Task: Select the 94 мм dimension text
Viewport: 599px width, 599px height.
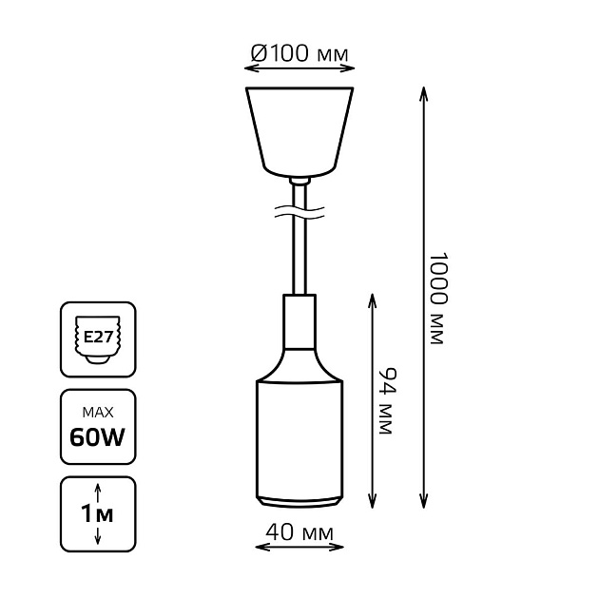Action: point(384,401)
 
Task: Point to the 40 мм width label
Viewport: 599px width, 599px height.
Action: point(299,535)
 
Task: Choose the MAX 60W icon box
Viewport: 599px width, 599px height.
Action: point(98,428)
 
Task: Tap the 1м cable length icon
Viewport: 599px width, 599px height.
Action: point(98,514)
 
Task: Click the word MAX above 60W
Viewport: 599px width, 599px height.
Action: point(98,413)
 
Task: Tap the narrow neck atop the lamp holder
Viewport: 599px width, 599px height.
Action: point(299,315)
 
